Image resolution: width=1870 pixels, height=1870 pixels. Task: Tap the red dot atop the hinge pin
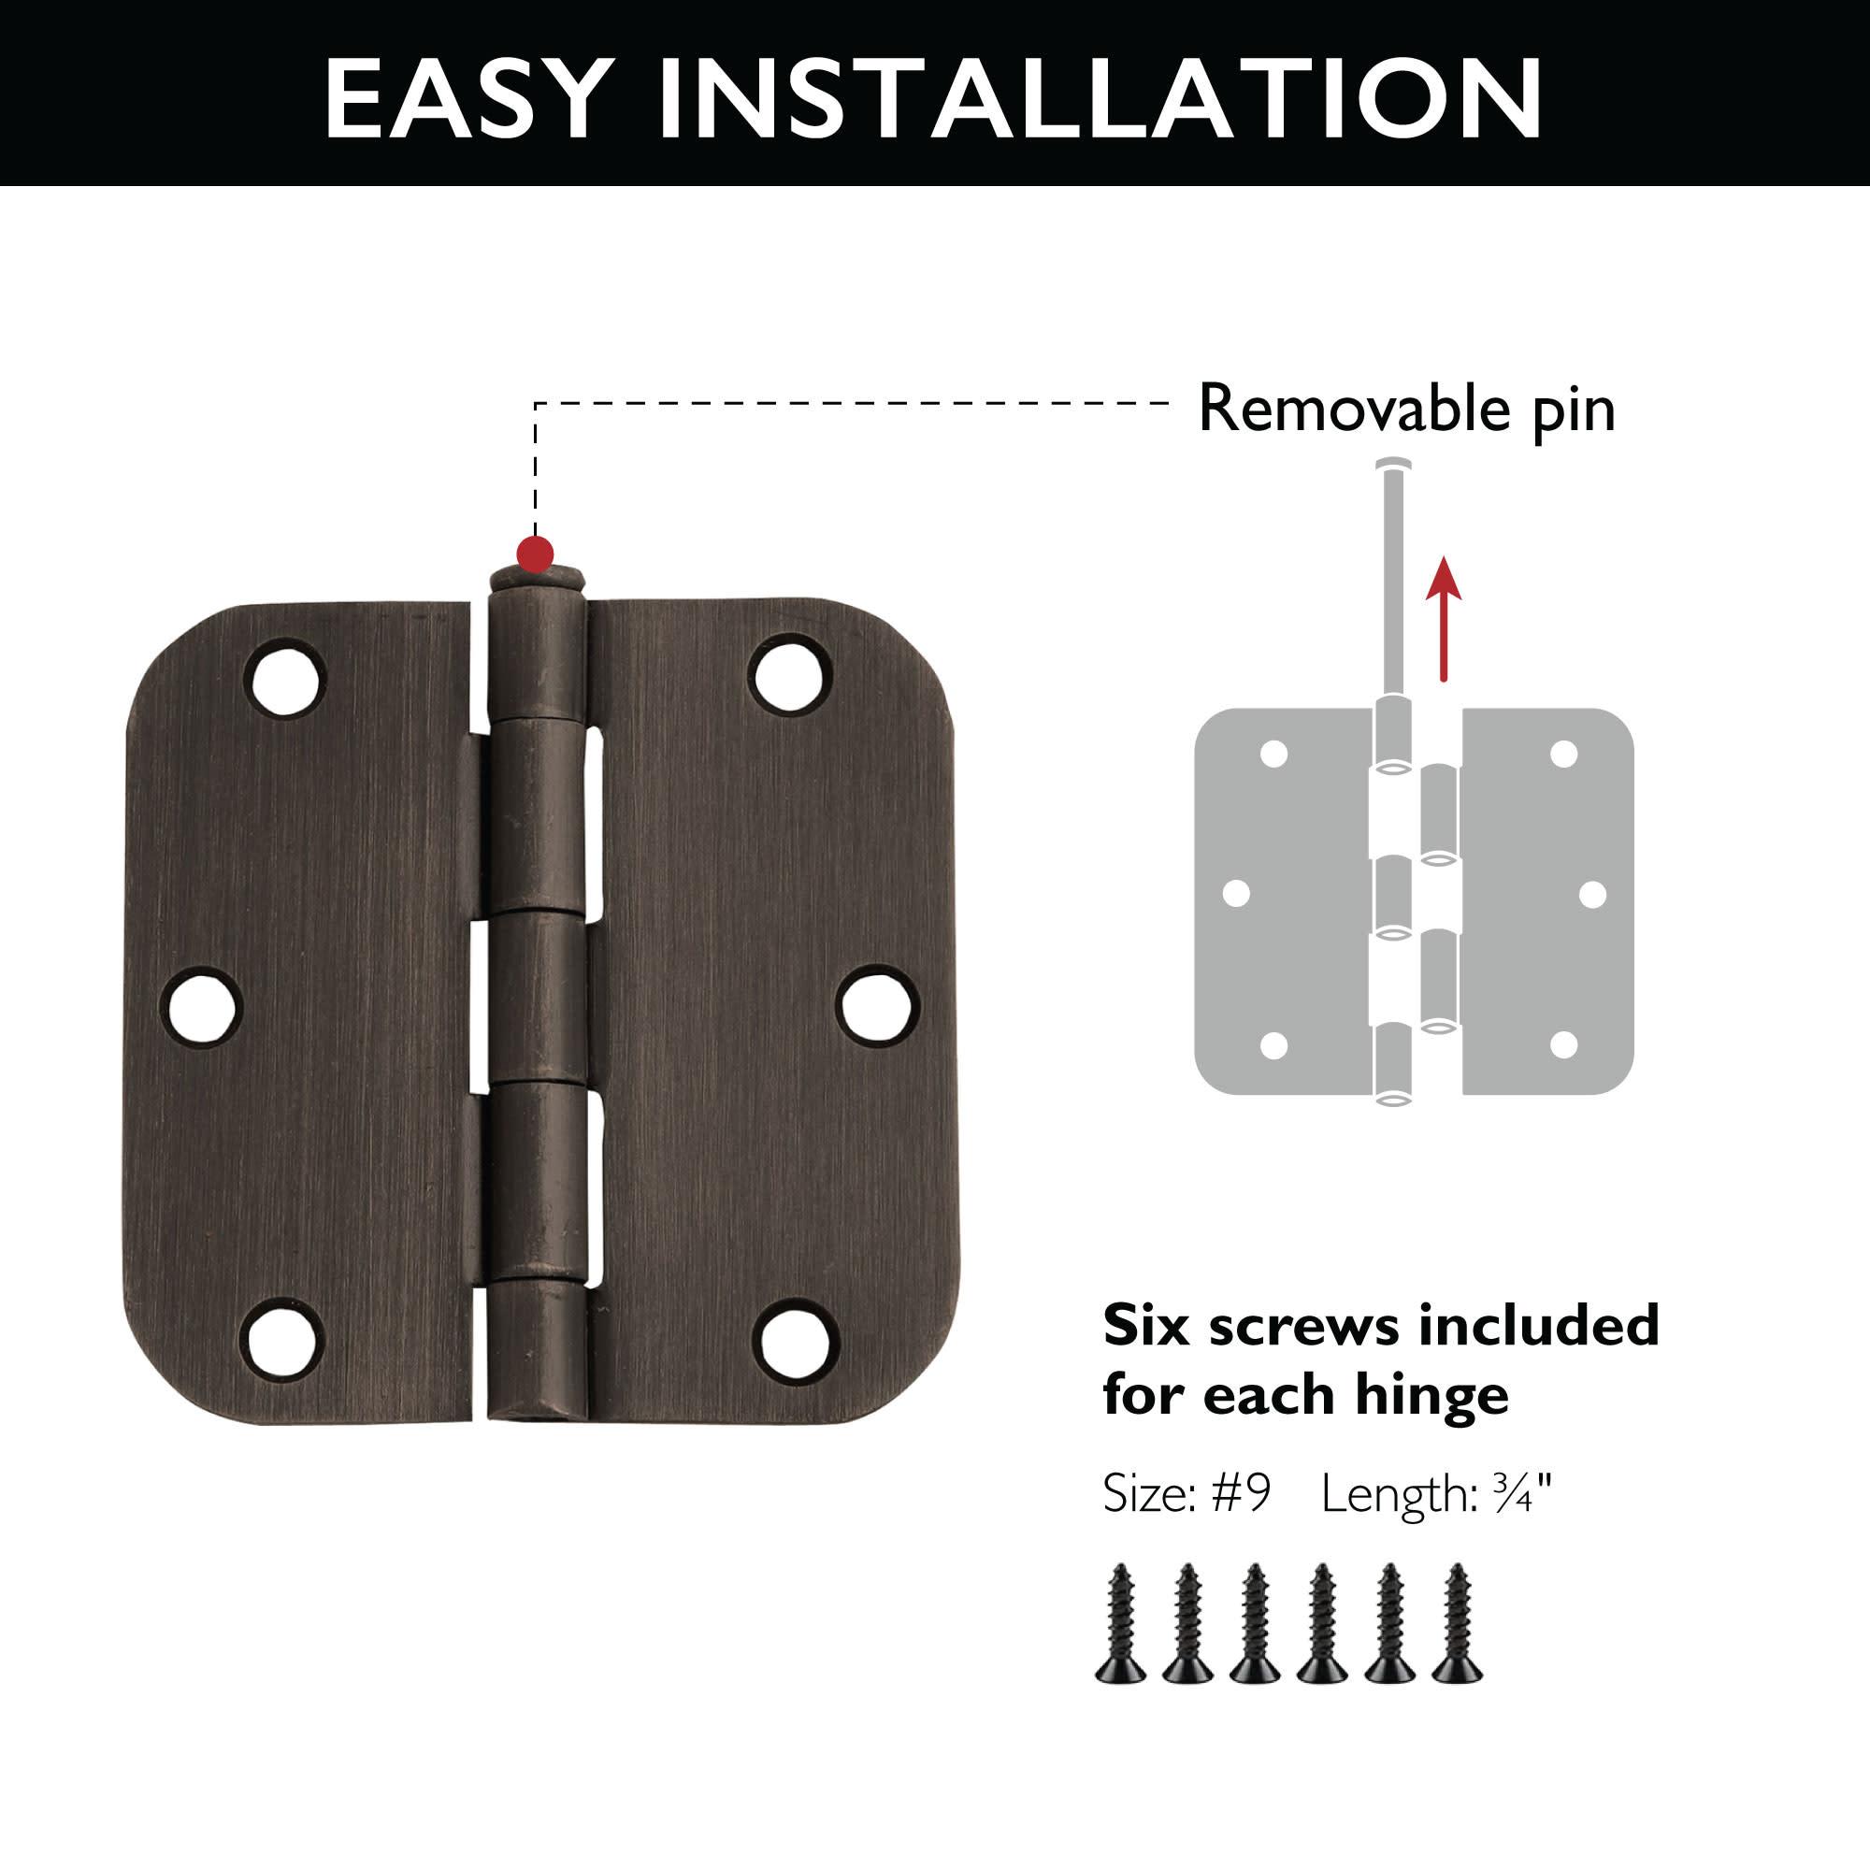pos(535,554)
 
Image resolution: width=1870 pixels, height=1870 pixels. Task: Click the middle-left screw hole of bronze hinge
pos(201,1008)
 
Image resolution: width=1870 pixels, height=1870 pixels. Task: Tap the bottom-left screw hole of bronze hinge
pos(279,1344)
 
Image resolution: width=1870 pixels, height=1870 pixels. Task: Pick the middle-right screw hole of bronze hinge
pos(877,1006)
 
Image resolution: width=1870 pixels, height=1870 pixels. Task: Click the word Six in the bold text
pos(1146,1325)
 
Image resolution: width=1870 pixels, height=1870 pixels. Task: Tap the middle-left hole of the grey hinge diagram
pos(1236,892)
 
